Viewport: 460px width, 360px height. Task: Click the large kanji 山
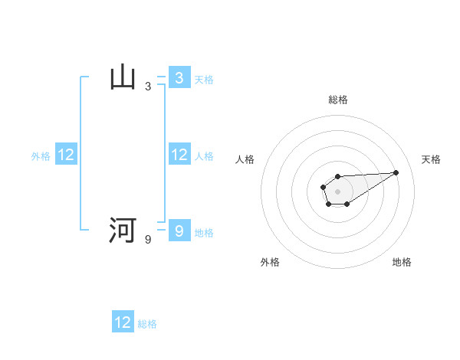(x=123, y=78)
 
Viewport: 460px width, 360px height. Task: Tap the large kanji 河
(x=123, y=230)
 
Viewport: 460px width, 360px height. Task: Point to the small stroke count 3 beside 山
(x=148, y=87)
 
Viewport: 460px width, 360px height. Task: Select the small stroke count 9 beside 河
(x=148, y=240)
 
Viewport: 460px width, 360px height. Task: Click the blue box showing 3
(x=179, y=78)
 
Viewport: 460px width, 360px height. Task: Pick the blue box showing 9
(x=179, y=230)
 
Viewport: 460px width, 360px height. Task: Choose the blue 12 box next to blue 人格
(x=179, y=155)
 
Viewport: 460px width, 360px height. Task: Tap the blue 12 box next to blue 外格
(x=66, y=155)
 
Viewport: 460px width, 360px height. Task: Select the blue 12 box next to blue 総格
(x=123, y=322)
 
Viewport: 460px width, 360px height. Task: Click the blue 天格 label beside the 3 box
(x=204, y=80)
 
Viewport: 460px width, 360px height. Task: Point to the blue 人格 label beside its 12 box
(x=204, y=156)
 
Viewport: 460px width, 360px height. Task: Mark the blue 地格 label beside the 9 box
(x=204, y=232)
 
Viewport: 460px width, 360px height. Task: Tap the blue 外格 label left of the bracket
(x=41, y=156)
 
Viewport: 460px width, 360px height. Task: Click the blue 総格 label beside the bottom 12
(x=147, y=324)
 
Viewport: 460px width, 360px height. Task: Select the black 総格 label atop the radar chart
(x=337, y=100)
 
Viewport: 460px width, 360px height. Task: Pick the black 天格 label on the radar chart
(x=431, y=159)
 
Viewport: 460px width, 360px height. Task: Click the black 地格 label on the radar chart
(x=402, y=262)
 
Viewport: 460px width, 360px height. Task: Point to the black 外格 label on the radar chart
(x=270, y=262)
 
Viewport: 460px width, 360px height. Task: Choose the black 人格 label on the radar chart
(x=245, y=159)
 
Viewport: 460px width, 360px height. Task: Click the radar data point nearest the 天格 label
(x=396, y=172)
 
